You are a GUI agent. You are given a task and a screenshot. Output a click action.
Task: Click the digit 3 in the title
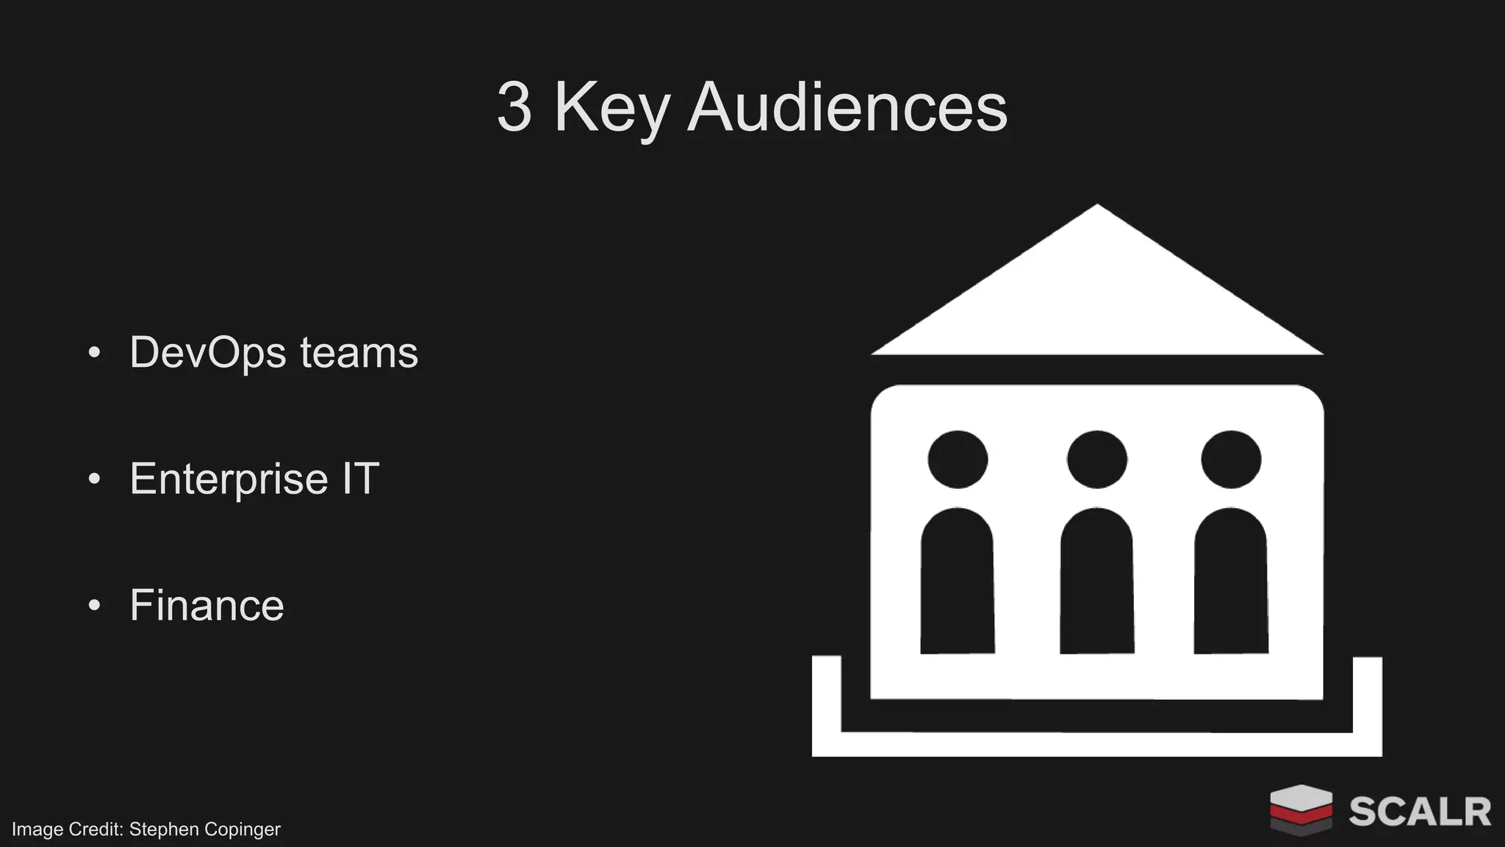coord(514,108)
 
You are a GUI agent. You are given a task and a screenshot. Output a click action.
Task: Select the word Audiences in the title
coord(847,108)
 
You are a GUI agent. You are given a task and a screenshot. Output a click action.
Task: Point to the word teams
coord(359,353)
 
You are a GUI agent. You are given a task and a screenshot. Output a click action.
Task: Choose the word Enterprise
coord(229,479)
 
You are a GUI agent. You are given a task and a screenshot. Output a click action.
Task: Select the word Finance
coord(206,606)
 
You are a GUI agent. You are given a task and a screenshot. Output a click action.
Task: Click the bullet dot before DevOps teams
coord(94,353)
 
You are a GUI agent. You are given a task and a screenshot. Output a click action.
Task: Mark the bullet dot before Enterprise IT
coord(94,479)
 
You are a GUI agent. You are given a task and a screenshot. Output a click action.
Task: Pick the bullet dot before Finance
coord(94,606)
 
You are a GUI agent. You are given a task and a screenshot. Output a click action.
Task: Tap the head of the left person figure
coord(958,460)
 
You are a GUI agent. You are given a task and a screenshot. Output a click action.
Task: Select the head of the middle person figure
coord(1096,460)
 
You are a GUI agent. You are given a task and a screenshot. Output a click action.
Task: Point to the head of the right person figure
coord(1231,460)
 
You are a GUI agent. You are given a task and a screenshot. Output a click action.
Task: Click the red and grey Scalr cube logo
coord(1301,810)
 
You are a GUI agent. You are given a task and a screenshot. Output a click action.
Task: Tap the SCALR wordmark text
coord(1420,812)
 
